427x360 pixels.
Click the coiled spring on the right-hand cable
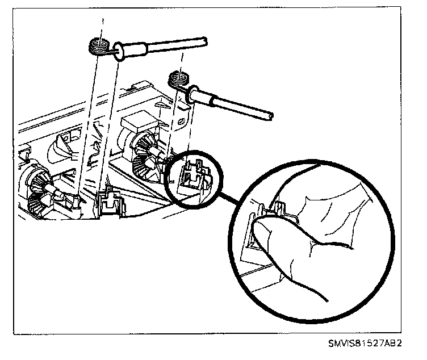coord(178,79)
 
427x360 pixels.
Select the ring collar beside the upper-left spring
coord(119,51)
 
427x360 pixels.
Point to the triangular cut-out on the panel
coord(162,105)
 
